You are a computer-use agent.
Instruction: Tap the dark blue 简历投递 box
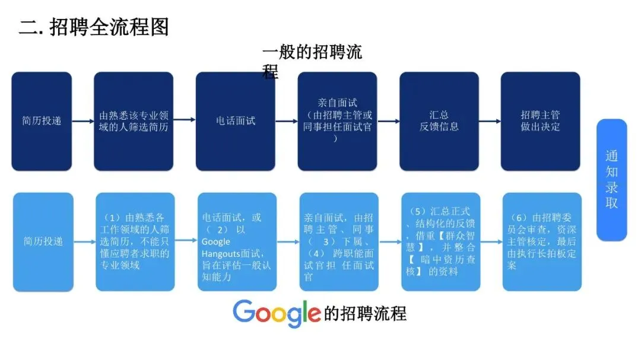(42, 121)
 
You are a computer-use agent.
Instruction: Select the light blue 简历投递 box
(43, 241)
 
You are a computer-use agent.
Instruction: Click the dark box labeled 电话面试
(236, 121)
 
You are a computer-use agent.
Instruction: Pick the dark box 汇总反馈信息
(439, 121)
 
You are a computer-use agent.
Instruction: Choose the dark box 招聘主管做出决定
(540, 121)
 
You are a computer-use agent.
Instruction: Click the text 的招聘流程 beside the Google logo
(365, 313)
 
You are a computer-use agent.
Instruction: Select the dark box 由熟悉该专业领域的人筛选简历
(134, 121)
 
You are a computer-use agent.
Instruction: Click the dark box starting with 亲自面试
(337, 121)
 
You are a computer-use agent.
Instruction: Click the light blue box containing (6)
(541, 241)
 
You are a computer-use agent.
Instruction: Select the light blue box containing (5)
(440, 241)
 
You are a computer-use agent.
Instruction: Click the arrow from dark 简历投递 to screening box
(83, 120)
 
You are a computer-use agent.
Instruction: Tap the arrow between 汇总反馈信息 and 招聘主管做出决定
(490, 121)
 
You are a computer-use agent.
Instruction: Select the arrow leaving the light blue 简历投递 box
(85, 241)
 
